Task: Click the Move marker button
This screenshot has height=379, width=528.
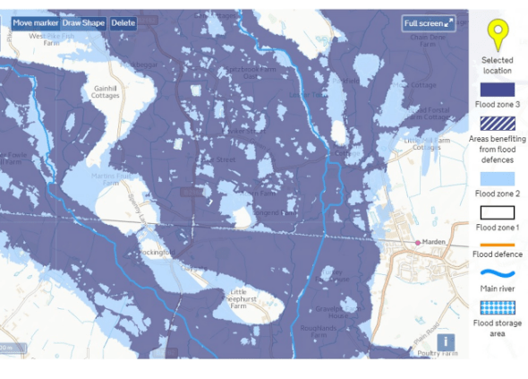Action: [35, 22]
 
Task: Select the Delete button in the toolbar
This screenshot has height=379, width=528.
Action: [123, 22]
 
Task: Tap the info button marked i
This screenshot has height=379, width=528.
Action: [445, 341]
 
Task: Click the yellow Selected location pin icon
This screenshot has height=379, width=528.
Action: [497, 37]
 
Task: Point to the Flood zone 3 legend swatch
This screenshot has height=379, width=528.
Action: [497, 90]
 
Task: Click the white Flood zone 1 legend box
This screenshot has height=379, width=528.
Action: [497, 213]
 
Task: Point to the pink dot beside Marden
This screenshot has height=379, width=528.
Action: [417, 242]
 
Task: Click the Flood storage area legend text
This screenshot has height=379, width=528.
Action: [497, 328]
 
